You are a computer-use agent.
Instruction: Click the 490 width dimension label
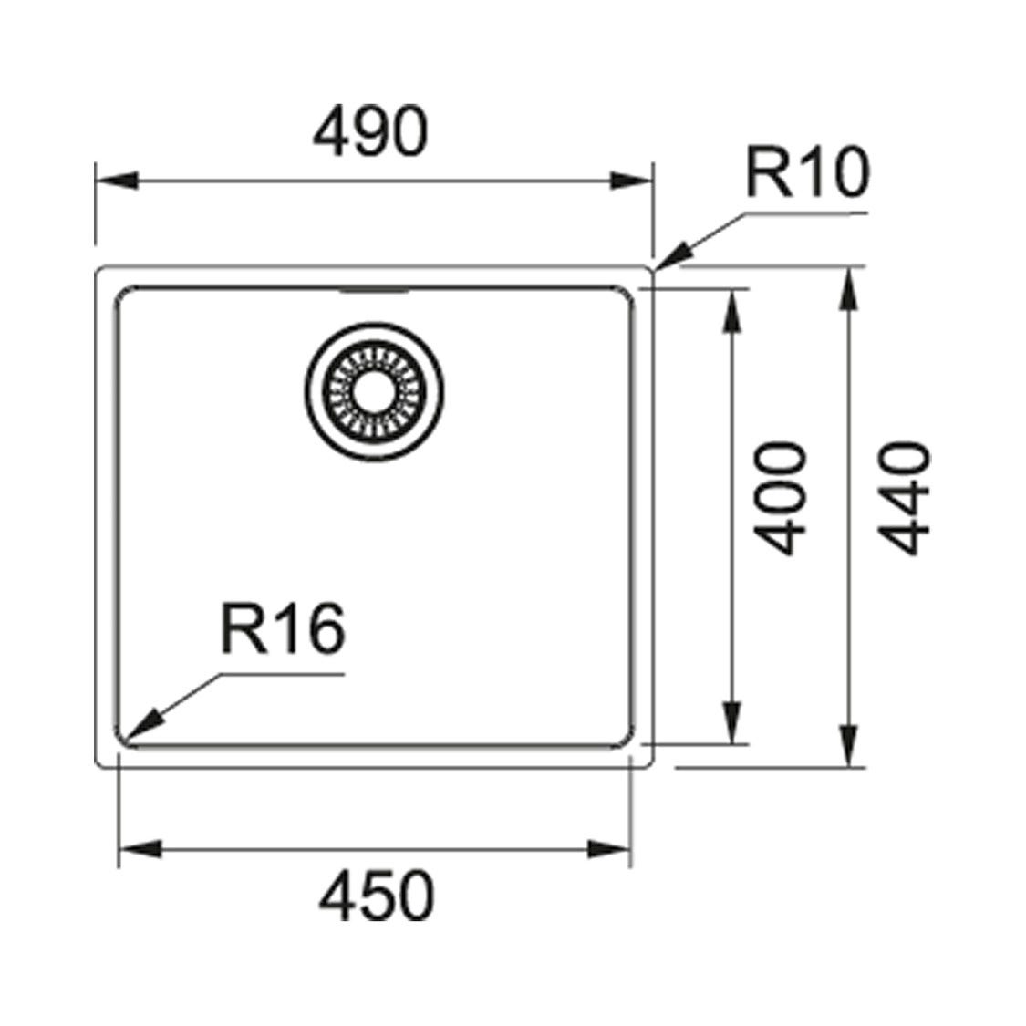coord(371,132)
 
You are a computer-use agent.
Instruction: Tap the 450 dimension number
coord(377,896)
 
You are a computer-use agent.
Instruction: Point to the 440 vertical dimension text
coord(905,499)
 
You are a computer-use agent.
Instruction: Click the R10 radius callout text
coord(807,171)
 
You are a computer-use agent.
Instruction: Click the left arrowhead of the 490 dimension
coord(117,180)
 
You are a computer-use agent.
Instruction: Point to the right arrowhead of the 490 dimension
coord(631,180)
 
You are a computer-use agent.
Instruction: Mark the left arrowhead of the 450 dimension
coord(140,849)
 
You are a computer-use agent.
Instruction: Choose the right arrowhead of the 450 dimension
coord(608,849)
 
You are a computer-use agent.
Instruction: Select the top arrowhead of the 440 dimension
coord(849,288)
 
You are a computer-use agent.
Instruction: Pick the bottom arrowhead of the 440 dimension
coord(849,745)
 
